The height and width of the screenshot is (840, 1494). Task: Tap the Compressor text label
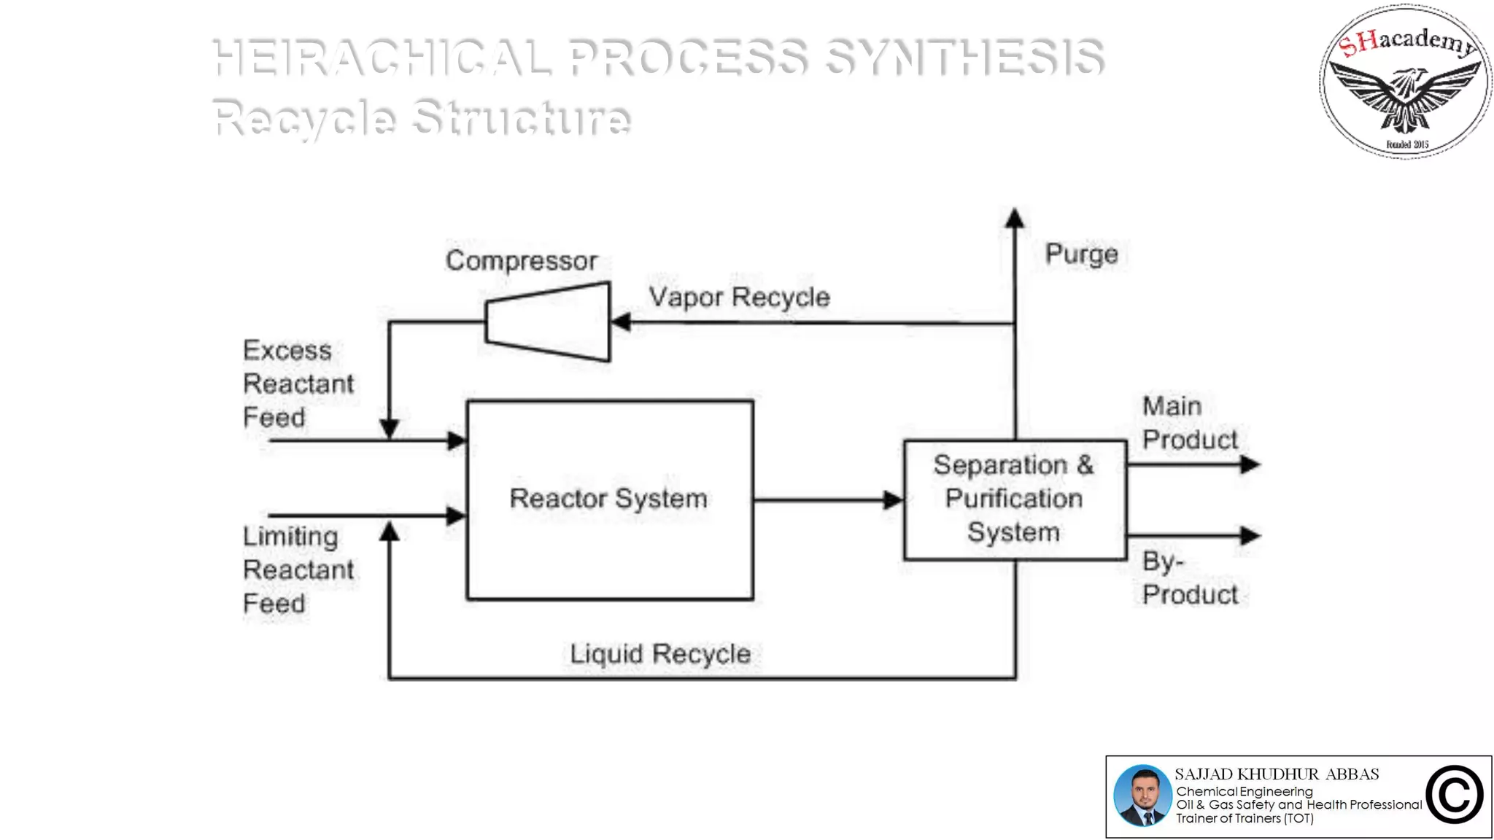pyautogui.click(x=521, y=260)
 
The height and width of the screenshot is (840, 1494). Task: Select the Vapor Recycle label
pyautogui.click(x=739, y=297)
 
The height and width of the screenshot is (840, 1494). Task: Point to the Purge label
pyautogui.click(x=1081, y=254)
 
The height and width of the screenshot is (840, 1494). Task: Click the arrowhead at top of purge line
pyautogui.click(x=1014, y=218)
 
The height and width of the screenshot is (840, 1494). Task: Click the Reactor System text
pyautogui.click(x=608, y=499)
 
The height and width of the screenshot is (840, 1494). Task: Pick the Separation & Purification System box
pyautogui.click(x=1015, y=499)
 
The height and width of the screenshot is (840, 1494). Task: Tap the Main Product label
pyautogui.click(x=1188, y=423)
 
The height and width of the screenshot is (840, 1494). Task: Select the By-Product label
pyautogui.click(x=1188, y=577)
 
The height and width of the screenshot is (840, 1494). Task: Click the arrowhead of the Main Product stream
pyautogui.click(x=1250, y=464)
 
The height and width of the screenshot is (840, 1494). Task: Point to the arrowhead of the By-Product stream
pyautogui.click(x=1250, y=535)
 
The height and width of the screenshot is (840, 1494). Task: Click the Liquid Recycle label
pyautogui.click(x=659, y=653)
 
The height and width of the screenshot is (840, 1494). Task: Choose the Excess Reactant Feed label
pyautogui.click(x=298, y=384)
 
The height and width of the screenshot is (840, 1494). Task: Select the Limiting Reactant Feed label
pyautogui.click(x=298, y=569)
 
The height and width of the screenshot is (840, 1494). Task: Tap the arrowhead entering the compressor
pyautogui.click(x=621, y=322)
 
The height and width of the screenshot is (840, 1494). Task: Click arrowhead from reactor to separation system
pyautogui.click(x=893, y=500)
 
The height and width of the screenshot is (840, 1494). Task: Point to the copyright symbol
pyautogui.click(x=1454, y=796)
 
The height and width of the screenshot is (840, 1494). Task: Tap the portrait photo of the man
pyautogui.click(x=1142, y=796)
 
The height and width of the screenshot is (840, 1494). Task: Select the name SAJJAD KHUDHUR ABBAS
pyautogui.click(x=1277, y=774)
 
